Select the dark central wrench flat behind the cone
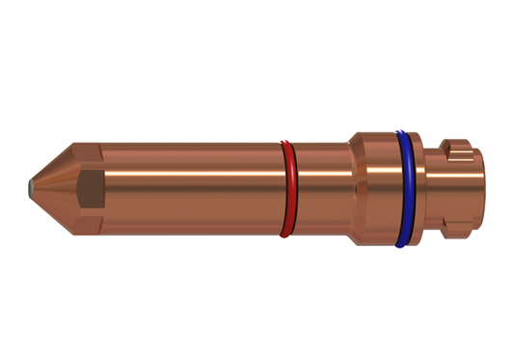pos(90,189)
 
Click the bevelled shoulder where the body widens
pos(354,188)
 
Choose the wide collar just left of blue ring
pos(378,188)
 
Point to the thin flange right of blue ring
pos(423,188)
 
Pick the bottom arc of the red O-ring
pos(285,233)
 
